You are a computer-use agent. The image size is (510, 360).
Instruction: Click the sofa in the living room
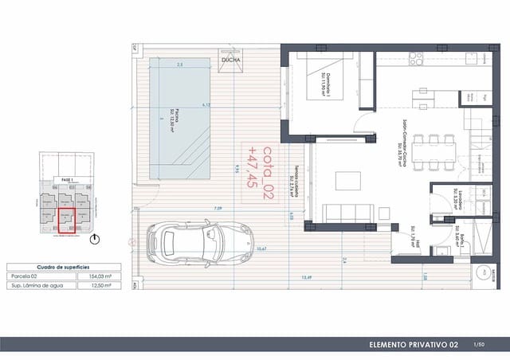[x=347, y=213]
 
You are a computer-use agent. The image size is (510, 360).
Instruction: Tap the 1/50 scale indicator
[x=479, y=345]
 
